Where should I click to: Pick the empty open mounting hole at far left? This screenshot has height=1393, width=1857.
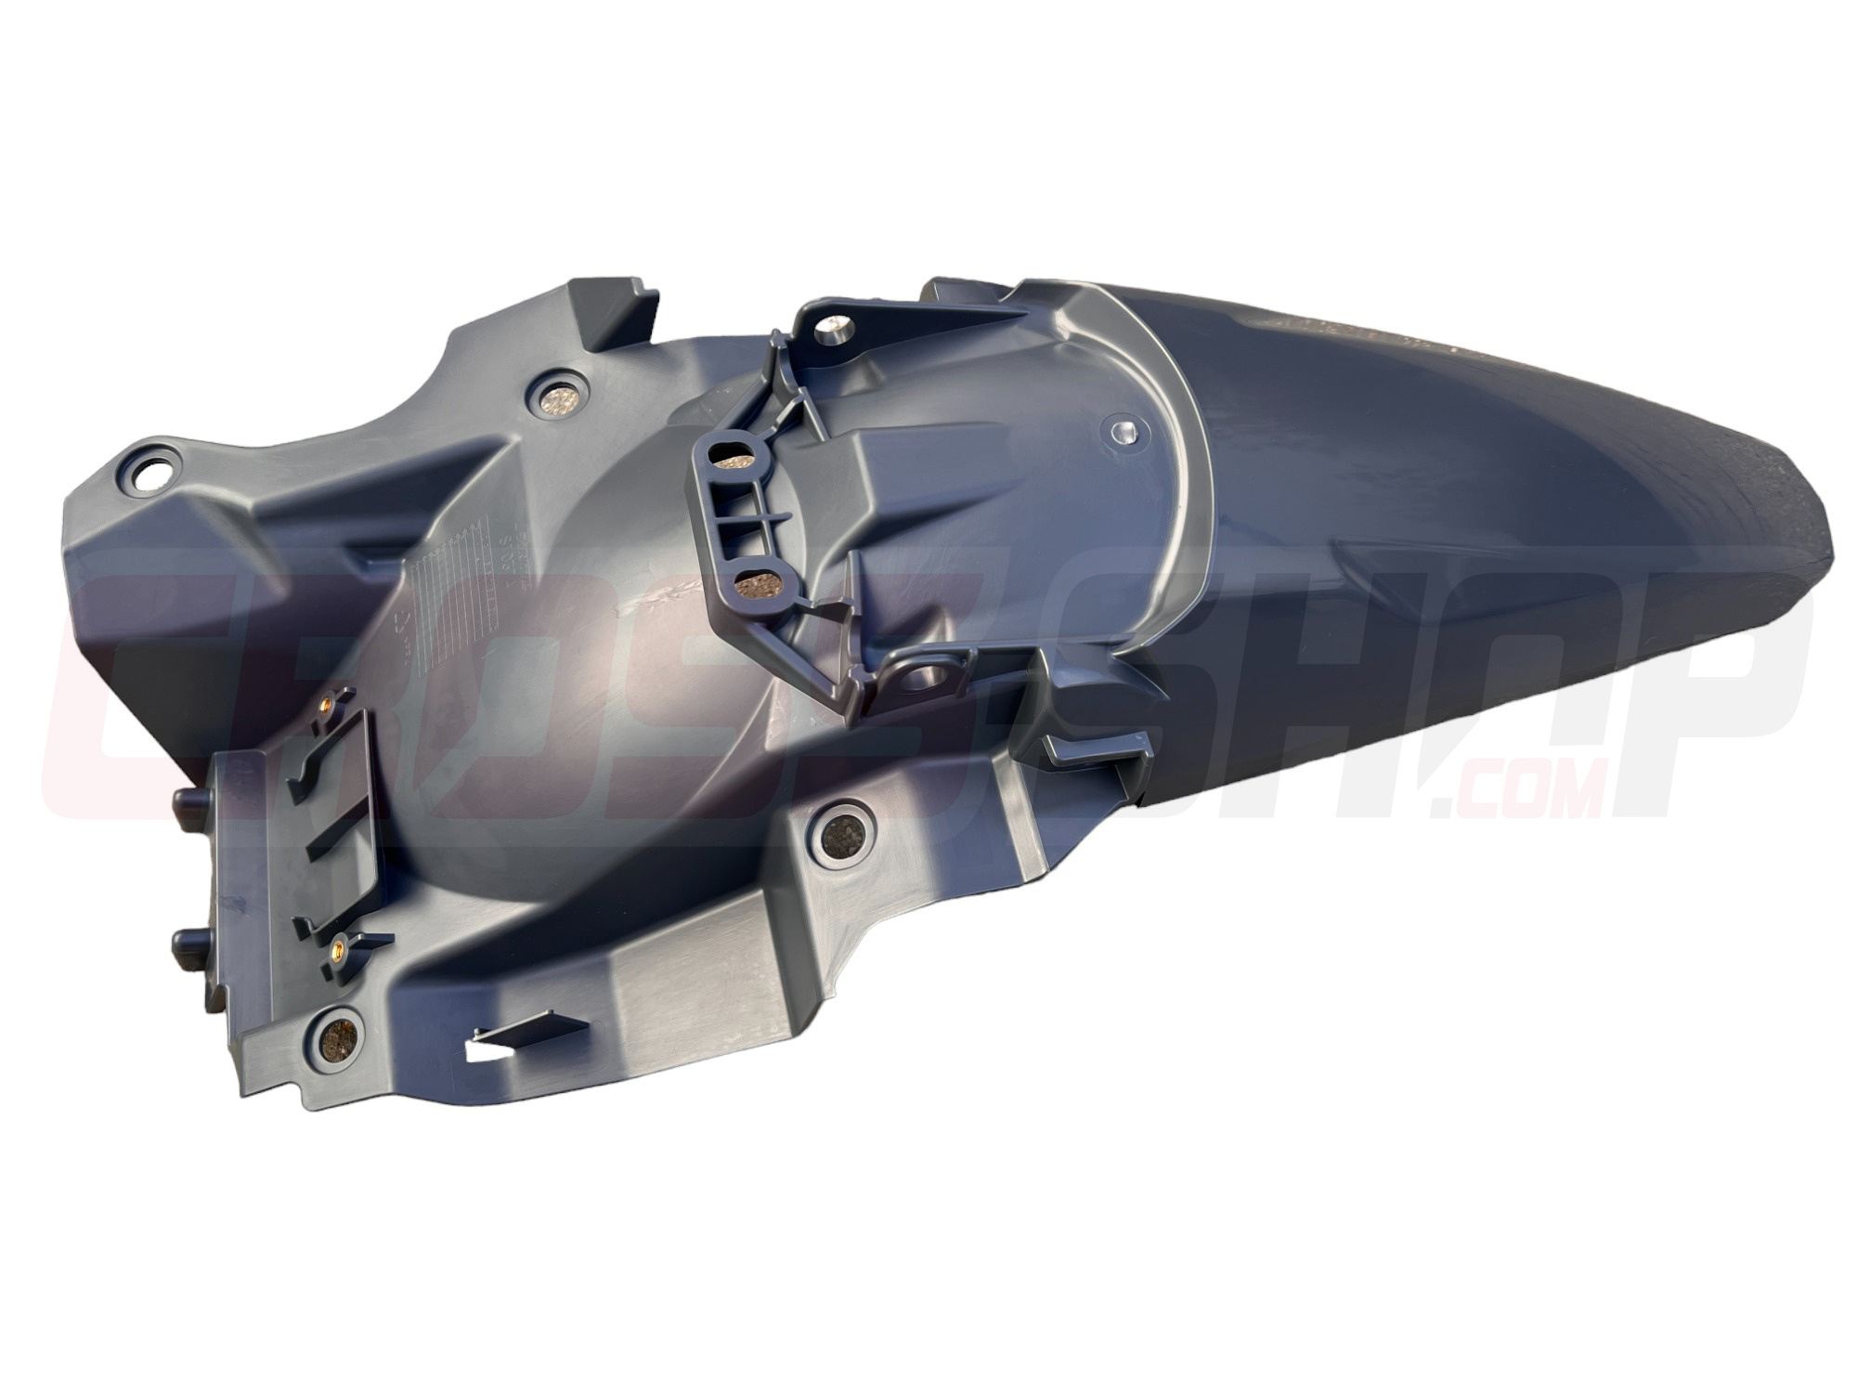tap(149, 475)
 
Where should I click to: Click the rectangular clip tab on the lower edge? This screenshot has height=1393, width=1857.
tap(1096, 752)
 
